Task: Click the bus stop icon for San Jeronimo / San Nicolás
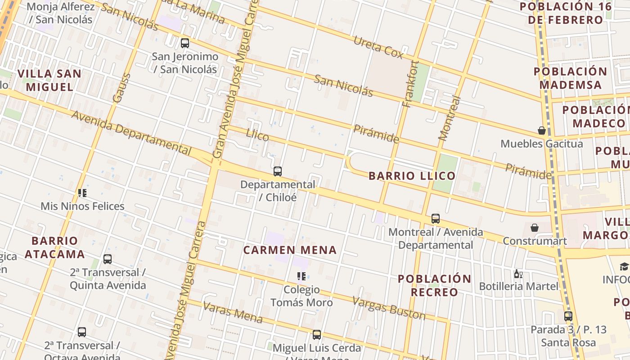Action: coord(185,43)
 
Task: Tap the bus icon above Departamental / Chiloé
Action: coord(278,171)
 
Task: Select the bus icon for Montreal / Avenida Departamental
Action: coord(436,219)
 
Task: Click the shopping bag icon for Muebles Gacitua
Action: coord(542,130)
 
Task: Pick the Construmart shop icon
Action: coord(535,228)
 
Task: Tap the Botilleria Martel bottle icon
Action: coord(518,274)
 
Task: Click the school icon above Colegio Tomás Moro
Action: coord(301,276)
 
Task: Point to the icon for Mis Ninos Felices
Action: coord(82,193)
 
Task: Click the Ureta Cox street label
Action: coord(378,47)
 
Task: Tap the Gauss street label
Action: coord(121,88)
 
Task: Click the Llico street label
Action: coord(257,135)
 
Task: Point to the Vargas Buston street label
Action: coord(388,308)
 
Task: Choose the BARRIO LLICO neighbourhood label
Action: coord(412,176)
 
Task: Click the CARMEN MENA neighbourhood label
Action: coord(290,250)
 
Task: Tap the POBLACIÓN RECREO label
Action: coord(435,285)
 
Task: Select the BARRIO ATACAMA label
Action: coord(55,247)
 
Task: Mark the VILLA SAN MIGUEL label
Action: coord(49,80)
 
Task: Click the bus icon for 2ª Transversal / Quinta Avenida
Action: coord(108,259)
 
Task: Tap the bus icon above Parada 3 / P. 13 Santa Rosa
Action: coord(568,316)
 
